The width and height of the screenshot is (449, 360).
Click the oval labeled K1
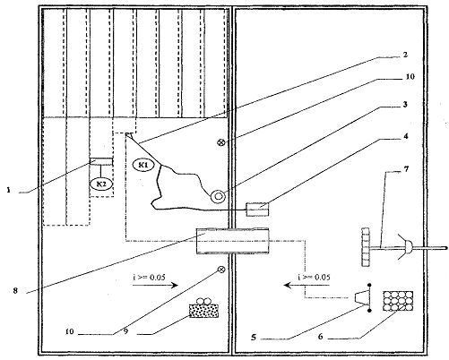(x=143, y=165)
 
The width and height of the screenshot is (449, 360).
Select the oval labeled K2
(x=101, y=184)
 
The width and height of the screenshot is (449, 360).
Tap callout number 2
(x=405, y=55)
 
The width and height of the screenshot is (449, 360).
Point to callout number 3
(x=405, y=105)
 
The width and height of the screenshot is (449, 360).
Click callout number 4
(x=405, y=136)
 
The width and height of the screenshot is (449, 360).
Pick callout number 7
(x=406, y=169)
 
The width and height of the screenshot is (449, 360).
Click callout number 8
(x=15, y=290)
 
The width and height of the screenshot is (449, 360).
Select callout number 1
(x=9, y=190)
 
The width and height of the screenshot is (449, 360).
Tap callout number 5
(x=254, y=338)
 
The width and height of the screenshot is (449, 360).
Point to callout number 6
(x=321, y=337)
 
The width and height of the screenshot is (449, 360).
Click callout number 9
(x=125, y=331)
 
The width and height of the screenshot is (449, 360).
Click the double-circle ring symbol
(x=218, y=196)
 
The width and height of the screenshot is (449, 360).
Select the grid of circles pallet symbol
(x=398, y=301)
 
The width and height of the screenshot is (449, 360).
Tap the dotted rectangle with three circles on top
(x=204, y=307)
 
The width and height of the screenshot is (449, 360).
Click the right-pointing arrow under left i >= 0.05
(x=155, y=286)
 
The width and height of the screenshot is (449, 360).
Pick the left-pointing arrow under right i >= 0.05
(x=307, y=286)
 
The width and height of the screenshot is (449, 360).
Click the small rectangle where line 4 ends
(x=257, y=210)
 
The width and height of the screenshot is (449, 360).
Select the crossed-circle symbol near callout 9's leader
(x=221, y=270)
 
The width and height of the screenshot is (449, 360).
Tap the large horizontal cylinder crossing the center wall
(x=232, y=241)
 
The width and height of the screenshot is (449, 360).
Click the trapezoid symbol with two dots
(x=363, y=298)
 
